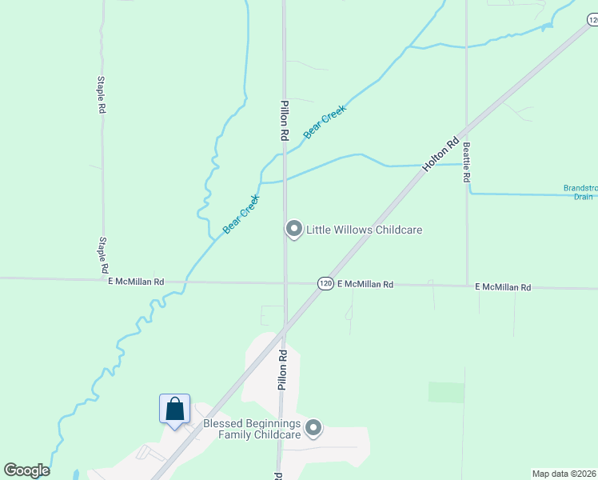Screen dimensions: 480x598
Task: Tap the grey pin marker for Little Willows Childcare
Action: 293,229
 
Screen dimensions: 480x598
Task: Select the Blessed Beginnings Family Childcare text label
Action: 252,429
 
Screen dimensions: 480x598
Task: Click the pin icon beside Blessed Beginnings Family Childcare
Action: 313,429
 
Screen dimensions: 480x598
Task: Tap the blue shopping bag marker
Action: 174,410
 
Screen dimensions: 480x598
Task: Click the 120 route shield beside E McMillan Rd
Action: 325,284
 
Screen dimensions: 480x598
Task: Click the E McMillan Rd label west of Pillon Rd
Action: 136,282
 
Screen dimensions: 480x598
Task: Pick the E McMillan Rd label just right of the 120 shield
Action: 365,284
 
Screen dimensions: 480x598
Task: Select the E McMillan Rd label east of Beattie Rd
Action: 503,286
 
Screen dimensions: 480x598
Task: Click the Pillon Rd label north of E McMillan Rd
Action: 283,121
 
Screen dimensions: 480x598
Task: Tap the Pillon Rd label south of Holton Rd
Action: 281,370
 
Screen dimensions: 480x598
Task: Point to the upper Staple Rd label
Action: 102,94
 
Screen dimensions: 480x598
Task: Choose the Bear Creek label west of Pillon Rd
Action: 241,214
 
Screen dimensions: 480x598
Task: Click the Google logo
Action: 26,470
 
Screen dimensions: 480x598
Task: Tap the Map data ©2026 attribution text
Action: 564,473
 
